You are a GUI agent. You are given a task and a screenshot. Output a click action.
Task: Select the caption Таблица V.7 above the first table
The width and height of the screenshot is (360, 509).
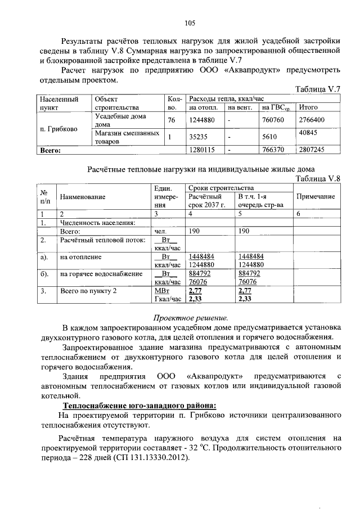point(318,89)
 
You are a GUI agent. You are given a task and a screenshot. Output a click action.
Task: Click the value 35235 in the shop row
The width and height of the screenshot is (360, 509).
point(197,136)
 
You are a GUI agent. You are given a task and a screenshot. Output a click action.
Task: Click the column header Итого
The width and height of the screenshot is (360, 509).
point(309,107)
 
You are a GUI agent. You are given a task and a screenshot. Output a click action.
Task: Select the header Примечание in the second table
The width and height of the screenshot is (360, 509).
point(316,196)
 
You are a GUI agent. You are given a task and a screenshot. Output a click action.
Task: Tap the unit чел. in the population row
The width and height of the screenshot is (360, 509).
point(161,231)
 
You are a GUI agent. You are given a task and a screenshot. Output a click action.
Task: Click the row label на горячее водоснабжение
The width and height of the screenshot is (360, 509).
point(101,274)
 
